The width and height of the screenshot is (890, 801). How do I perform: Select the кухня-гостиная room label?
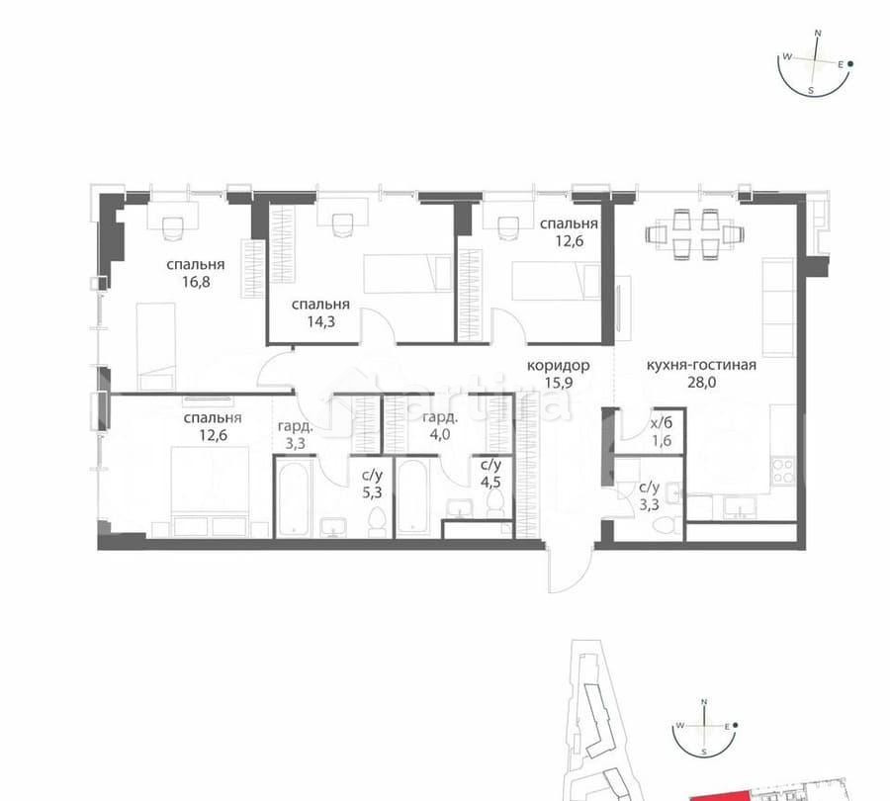(x=701, y=365)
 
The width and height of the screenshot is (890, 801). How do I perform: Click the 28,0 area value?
(x=701, y=381)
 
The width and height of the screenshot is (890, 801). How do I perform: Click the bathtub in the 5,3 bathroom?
(x=295, y=500)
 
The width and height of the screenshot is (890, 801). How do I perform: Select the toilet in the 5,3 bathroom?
(x=377, y=521)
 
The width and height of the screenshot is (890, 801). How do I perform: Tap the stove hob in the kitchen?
(x=786, y=464)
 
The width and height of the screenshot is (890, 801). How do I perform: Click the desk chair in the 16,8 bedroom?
(x=172, y=226)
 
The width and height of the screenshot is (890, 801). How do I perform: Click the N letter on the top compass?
(x=818, y=33)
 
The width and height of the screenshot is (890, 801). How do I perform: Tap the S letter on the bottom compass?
(x=704, y=752)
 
